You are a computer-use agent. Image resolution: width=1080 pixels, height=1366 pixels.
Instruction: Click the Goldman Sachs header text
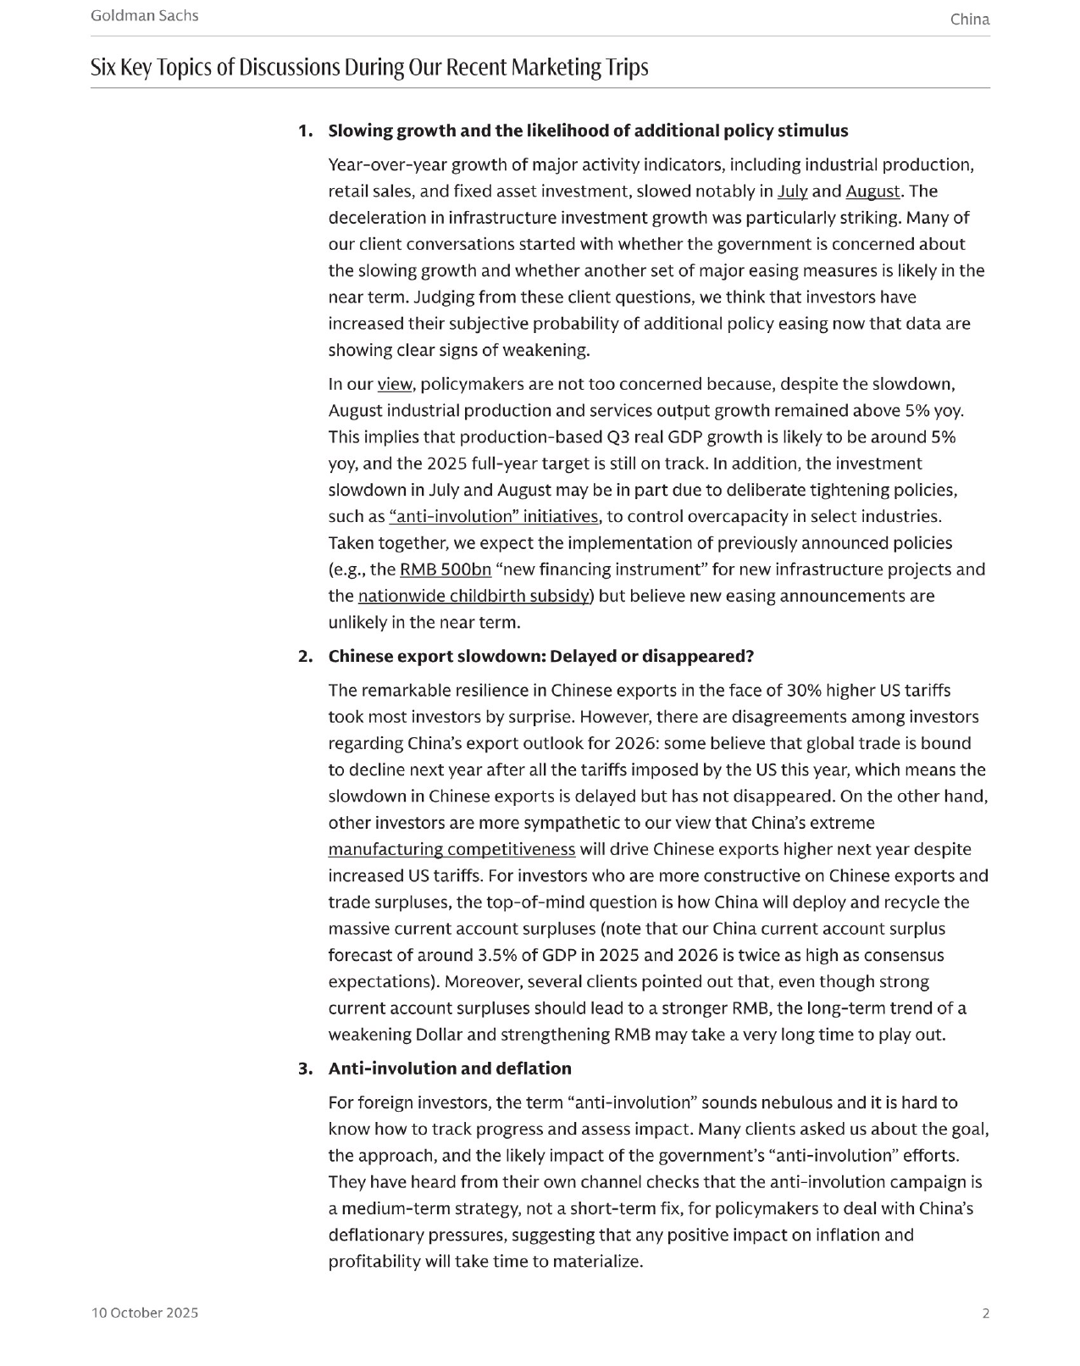click(144, 15)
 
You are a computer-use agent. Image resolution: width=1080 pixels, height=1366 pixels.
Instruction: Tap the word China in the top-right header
click(969, 19)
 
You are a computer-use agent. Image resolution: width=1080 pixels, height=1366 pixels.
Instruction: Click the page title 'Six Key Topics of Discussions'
click(369, 67)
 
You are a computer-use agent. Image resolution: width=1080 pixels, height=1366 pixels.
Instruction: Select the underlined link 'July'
click(792, 191)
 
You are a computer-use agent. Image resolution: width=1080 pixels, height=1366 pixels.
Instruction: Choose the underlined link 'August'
click(872, 191)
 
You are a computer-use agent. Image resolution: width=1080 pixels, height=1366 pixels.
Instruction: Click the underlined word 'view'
click(394, 384)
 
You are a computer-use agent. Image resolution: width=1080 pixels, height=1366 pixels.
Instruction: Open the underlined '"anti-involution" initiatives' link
click(494, 516)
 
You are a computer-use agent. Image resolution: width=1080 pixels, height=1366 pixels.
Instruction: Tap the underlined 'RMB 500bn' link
click(445, 569)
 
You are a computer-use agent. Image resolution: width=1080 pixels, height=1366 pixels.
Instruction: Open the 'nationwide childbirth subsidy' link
click(474, 596)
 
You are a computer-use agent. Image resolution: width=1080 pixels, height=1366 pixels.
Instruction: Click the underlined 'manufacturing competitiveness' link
click(451, 849)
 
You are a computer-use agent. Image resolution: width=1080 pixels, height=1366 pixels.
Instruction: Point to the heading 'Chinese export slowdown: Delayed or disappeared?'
click(540, 657)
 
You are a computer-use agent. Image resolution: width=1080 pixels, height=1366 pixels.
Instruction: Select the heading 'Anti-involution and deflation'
click(450, 1069)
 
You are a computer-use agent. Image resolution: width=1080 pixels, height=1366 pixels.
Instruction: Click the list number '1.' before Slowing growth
click(305, 131)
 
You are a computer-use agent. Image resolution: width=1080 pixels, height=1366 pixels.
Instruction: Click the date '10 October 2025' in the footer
click(145, 1313)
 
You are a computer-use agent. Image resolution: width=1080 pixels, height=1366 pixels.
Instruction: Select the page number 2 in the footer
click(985, 1313)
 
